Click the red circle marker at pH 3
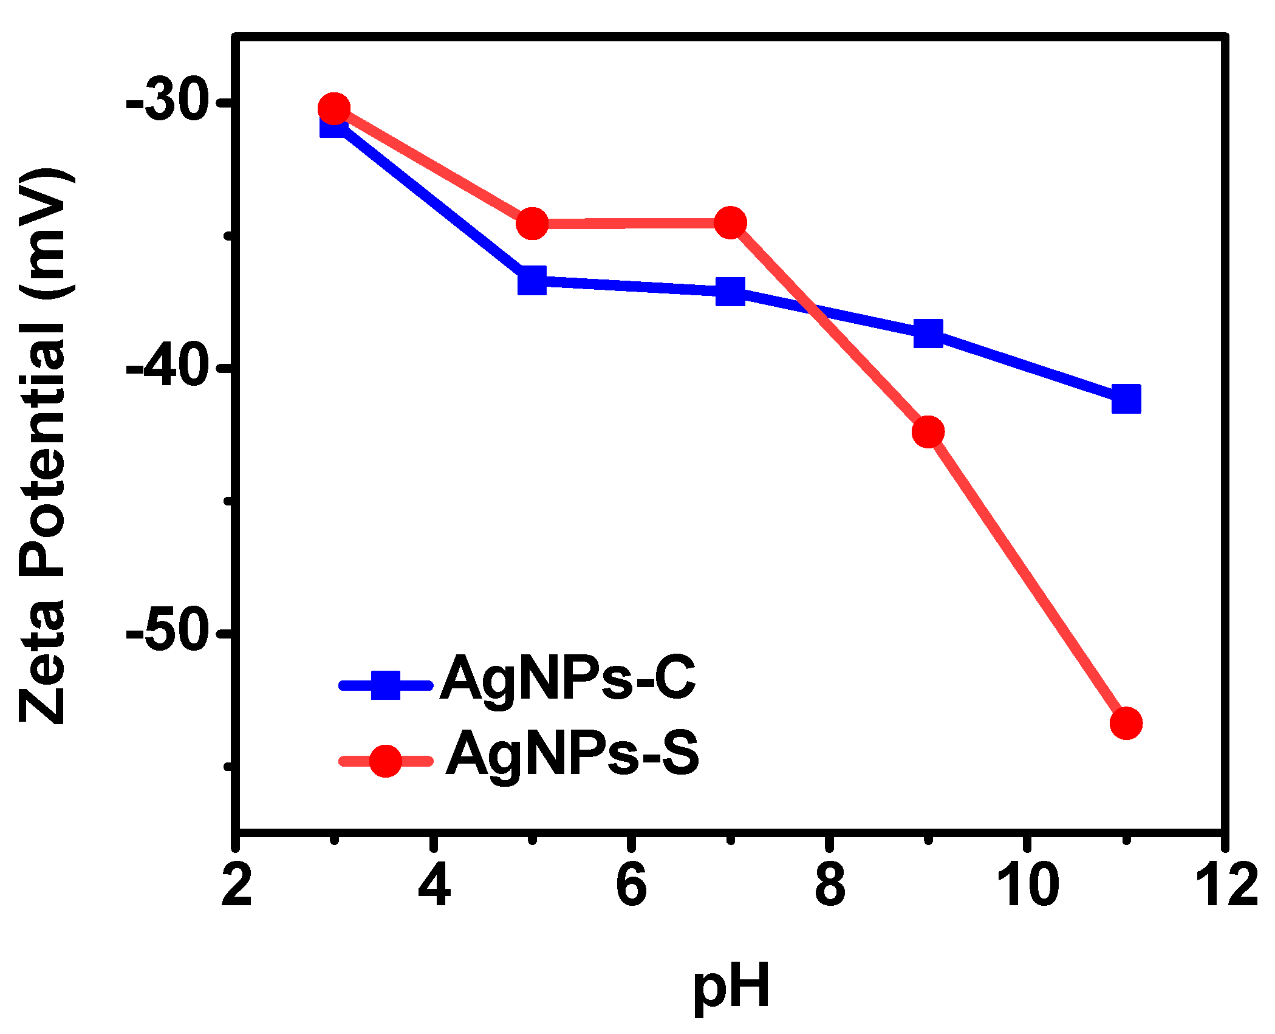(x=333, y=109)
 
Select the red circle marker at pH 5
(x=532, y=224)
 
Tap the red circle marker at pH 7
(x=730, y=223)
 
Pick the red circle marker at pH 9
(x=928, y=432)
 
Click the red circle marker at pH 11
(x=1126, y=723)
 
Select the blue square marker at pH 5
(x=532, y=279)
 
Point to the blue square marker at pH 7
(x=730, y=291)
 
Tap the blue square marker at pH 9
(x=928, y=333)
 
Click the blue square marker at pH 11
(x=1126, y=399)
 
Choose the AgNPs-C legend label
(x=567, y=679)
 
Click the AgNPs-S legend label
(x=572, y=754)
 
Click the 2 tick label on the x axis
(x=236, y=886)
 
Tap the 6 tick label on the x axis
(x=632, y=886)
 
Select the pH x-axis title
(x=731, y=987)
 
